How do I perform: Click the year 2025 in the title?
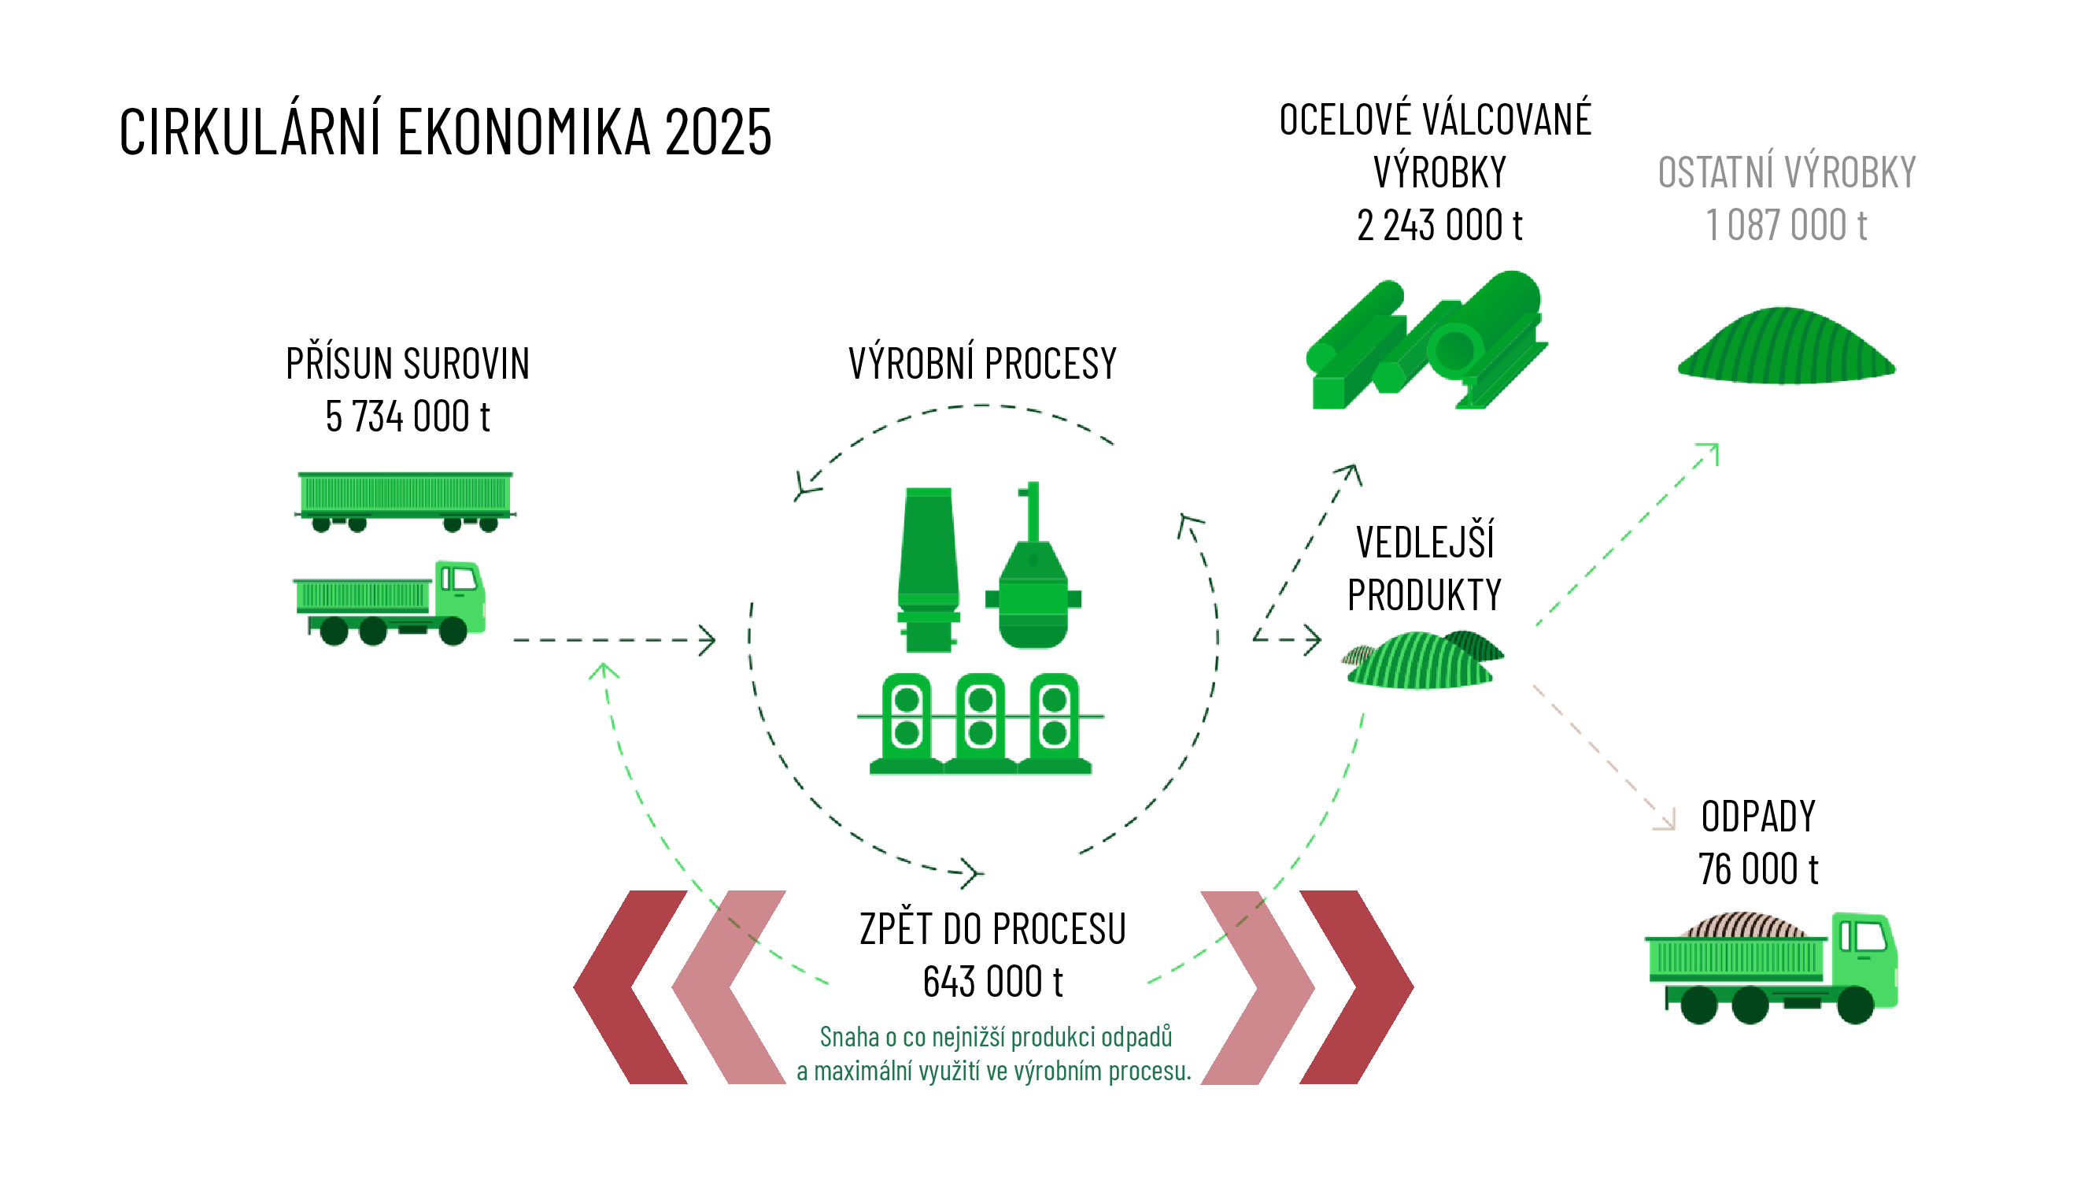click(717, 132)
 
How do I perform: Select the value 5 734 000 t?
click(408, 416)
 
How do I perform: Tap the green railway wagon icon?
click(405, 500)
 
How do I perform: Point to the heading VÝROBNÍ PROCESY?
click(982, 364)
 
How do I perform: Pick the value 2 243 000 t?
click(1439, 225)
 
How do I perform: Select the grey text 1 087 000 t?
click(1785, 225)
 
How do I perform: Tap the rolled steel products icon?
click(1427, 342)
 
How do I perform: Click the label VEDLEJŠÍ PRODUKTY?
click(1424, 568)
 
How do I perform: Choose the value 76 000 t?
click(1757, 869)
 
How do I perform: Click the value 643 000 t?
click(992, 981)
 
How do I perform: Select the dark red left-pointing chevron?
click(629, 987)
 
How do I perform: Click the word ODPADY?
click(1757, 816)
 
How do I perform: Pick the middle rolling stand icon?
click(980, 722)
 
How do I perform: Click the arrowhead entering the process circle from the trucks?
click(708, 640)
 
